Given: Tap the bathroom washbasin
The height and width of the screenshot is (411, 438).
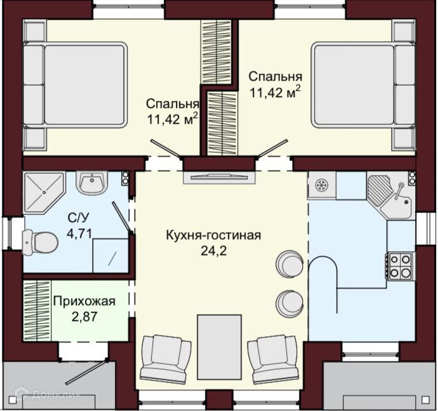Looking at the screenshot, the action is click(x=91, y=183).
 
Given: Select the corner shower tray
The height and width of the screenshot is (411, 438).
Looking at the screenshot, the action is click(x=44, y=193).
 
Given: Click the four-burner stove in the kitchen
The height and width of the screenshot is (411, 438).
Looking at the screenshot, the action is click(x=399, y=266).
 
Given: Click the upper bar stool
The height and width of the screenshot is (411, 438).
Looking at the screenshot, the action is click(x=289, y=263).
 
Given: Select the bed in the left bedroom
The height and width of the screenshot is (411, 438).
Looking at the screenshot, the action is click(x=75, y=85).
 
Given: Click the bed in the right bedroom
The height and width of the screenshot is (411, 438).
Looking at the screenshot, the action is click(x=363, y=85).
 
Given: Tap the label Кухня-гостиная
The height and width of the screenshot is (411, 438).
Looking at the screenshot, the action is click(x=214, y=235).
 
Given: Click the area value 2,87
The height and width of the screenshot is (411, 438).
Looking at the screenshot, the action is click(x=84, y=316).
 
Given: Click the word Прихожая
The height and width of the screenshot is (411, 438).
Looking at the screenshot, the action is click(x=84, y=302).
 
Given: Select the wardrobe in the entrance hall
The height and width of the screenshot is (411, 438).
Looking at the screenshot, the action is click(x=37, y=310).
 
